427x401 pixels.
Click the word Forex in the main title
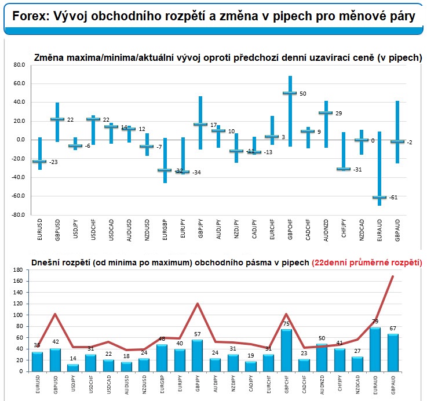[x=27, y=16]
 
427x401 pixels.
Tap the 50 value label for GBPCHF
[x=302, y=93]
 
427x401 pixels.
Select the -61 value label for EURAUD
[x=393, y=198]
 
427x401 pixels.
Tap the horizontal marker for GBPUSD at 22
[x=57, y=119]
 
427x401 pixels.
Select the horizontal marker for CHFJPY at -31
[x=344, y=169]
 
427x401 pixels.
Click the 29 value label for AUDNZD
[x=338, y=113]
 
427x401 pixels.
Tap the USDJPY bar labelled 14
[x=72, y=367]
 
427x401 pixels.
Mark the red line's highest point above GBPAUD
[x=394, y=276]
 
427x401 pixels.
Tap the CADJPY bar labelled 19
[x=250, y=366]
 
